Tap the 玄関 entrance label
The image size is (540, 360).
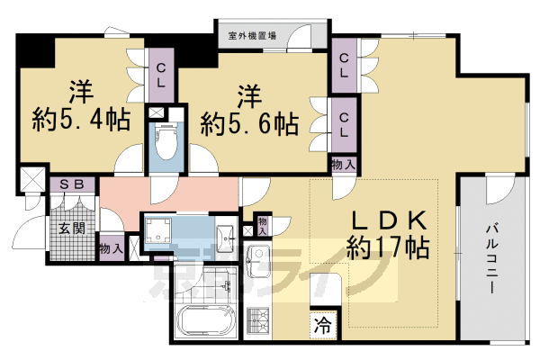click(x=72, y=229)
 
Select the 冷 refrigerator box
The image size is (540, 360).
click(x=322, y=328)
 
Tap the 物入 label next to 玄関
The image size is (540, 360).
click(x=112, y=247)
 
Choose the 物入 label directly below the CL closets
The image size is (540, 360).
click(x=342, y=164)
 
